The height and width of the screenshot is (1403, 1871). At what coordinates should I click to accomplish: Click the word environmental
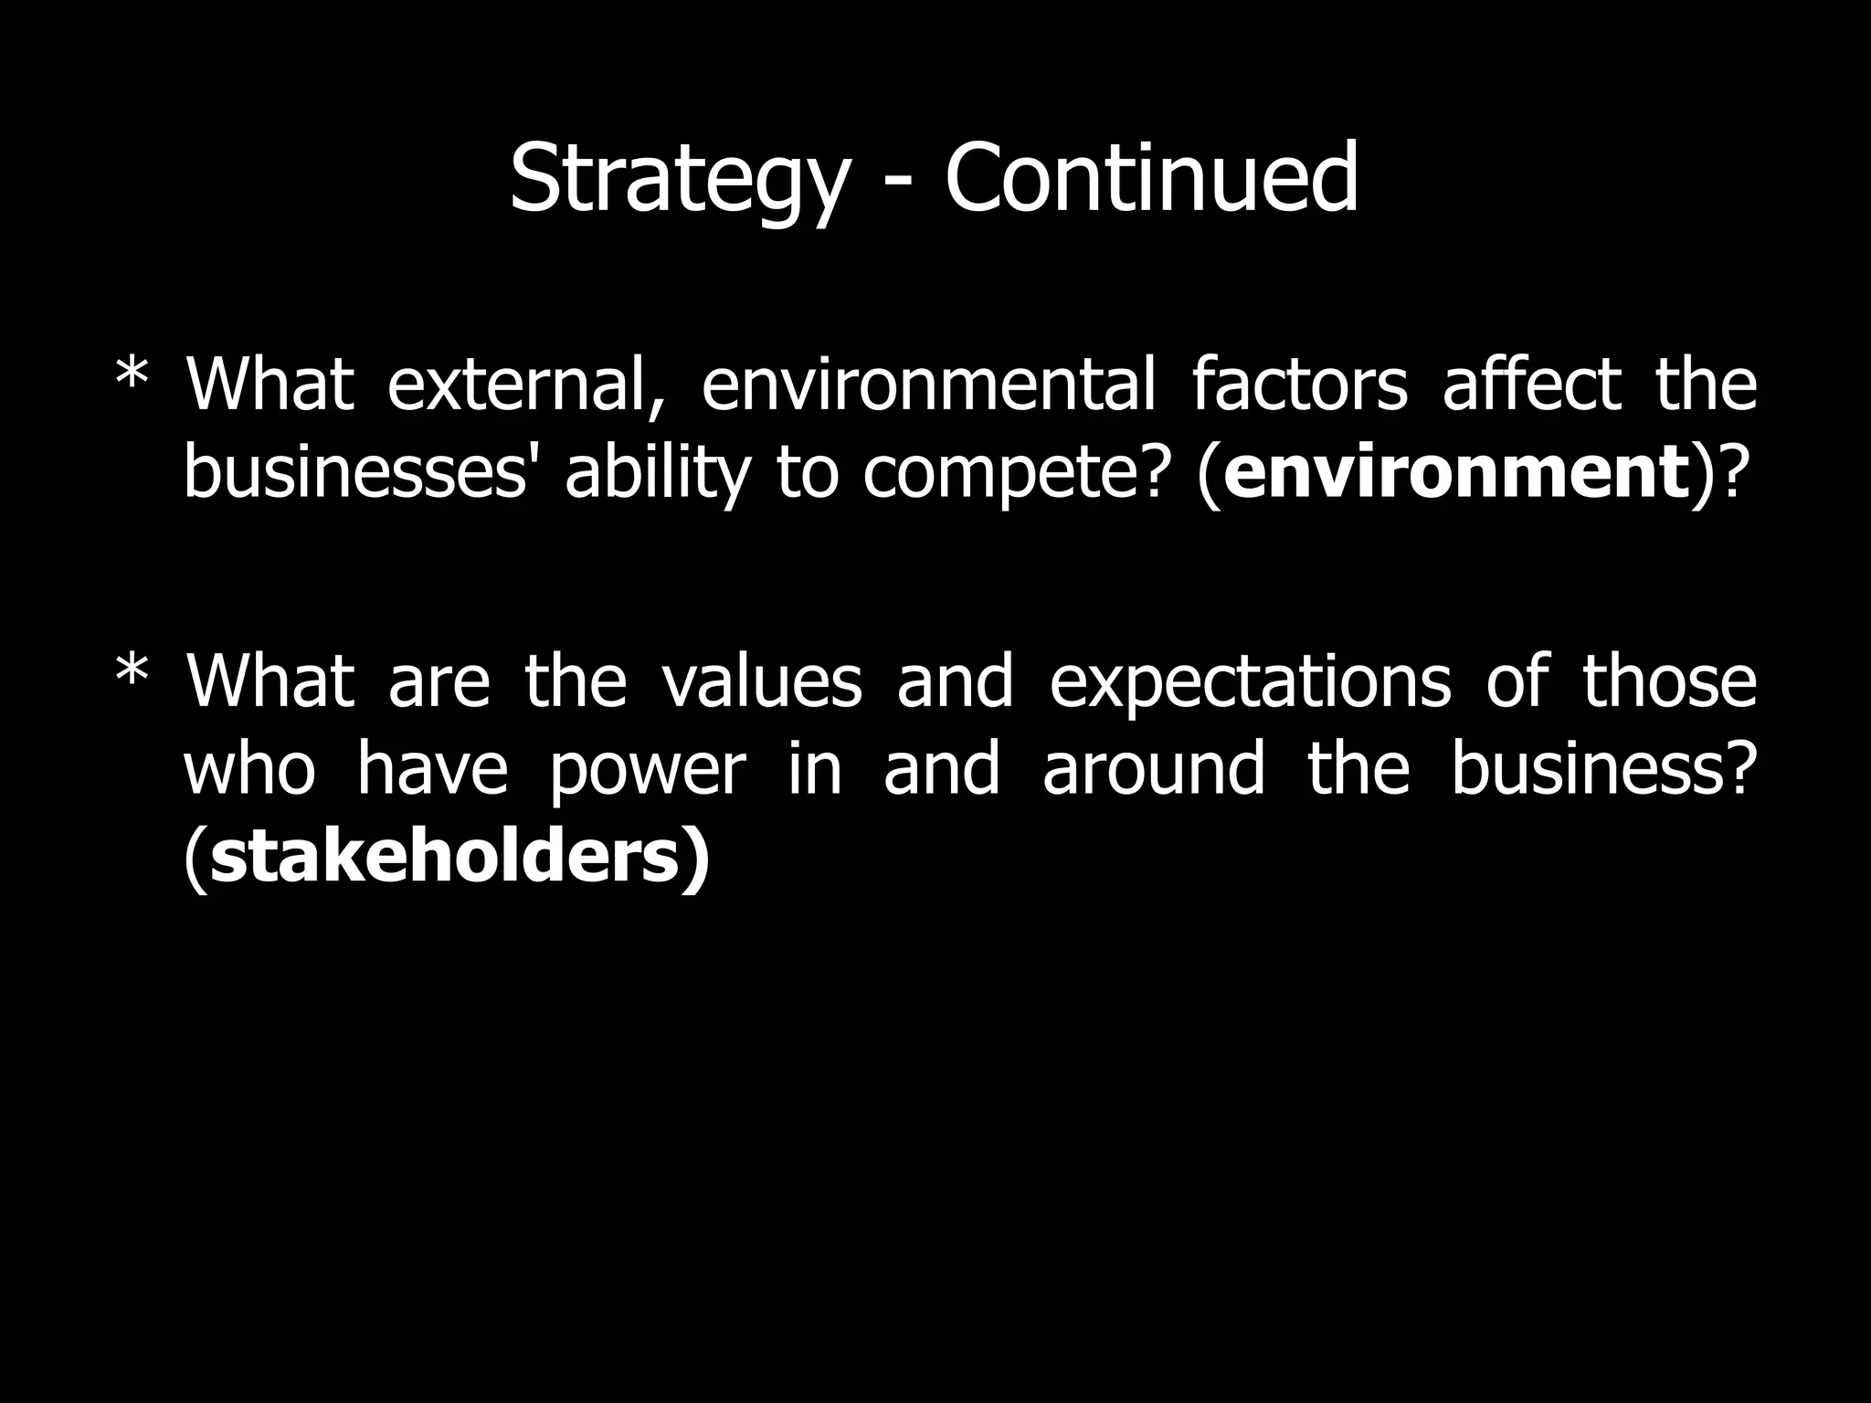point(928,385)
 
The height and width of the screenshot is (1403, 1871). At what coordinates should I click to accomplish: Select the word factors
point(1299,385)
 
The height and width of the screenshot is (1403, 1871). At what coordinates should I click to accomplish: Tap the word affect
point(1532,385)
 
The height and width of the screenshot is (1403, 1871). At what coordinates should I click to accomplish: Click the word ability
point(653,473)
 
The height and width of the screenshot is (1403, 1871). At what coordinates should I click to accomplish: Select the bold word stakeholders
point(446,858)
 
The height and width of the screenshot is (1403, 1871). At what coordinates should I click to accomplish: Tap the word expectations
point(1250,683)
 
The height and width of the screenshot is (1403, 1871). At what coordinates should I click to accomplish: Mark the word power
point(648,770)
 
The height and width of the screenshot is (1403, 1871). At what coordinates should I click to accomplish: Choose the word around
point(1153,770)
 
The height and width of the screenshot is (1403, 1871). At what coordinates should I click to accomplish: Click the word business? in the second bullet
point(1602,770)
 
